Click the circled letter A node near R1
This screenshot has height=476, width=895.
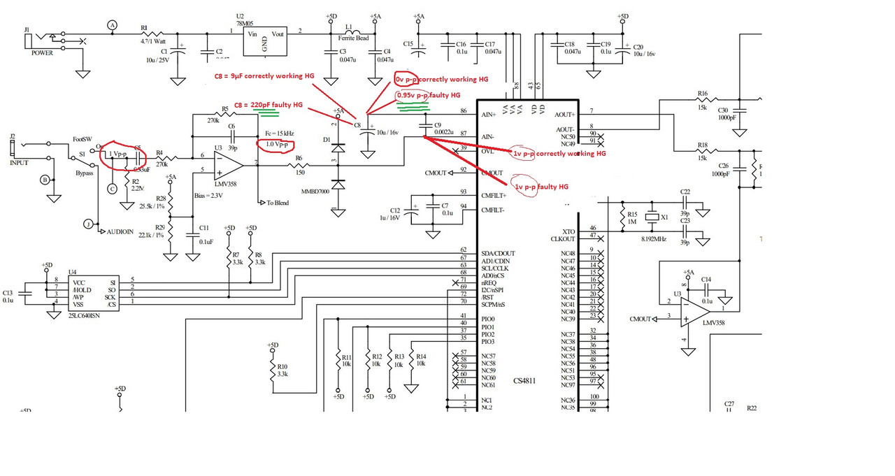112,25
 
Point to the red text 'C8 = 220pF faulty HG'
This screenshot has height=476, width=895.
268,104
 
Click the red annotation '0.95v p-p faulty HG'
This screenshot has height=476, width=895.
428,95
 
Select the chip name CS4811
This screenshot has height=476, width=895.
524,381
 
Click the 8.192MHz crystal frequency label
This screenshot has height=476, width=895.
653,239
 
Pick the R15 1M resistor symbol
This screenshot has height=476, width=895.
622,218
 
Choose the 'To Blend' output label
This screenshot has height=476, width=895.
278,203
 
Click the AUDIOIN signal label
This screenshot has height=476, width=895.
125,231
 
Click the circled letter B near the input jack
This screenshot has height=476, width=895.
45,180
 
